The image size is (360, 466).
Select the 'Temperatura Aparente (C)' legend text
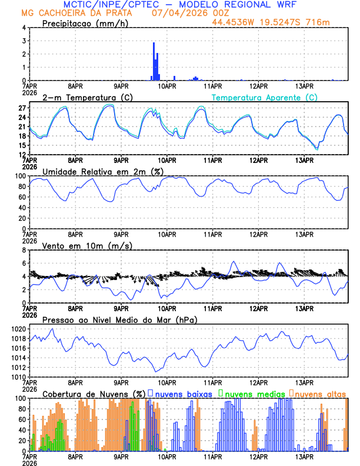coord(265,98)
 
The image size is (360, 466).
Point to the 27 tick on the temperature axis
coord(22,108)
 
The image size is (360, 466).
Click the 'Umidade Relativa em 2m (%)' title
coord(102,171)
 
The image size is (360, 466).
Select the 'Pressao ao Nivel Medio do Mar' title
coord(119,319)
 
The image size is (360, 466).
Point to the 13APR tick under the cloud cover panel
coord(304,456)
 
